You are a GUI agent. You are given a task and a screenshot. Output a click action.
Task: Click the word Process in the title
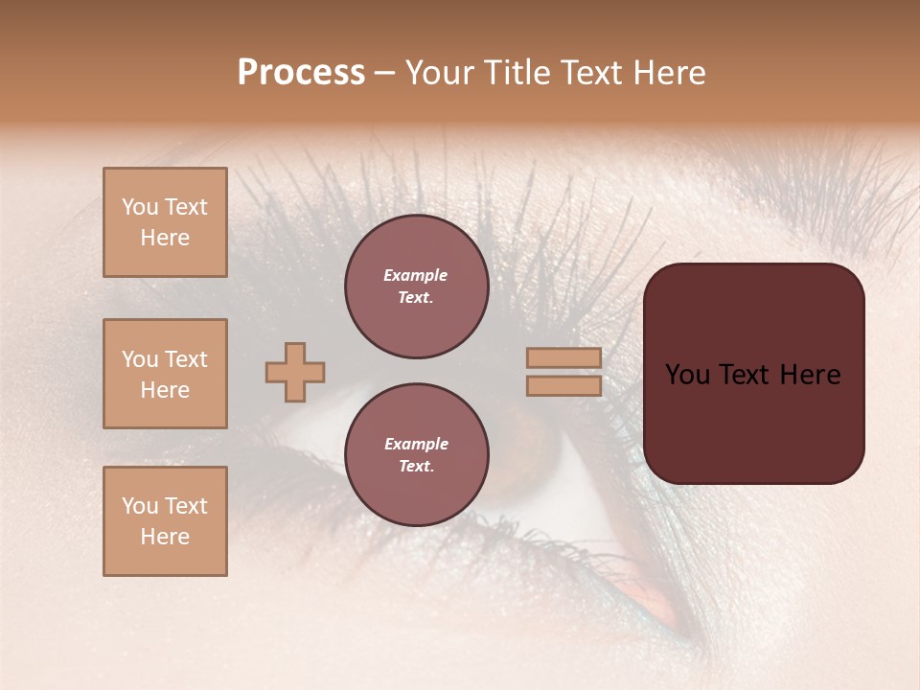301,72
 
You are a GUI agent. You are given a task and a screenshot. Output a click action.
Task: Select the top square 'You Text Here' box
165,222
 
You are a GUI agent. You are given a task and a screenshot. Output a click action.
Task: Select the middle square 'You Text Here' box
165,374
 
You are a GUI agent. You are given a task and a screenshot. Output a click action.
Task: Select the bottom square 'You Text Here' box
165,521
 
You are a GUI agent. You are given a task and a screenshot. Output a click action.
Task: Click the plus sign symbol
295,372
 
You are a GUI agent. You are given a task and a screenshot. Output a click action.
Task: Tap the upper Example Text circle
417,287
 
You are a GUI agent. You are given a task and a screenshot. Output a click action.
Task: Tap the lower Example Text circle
417,455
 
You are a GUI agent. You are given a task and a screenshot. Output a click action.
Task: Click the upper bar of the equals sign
564,357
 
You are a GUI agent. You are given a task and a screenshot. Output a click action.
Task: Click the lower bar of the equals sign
564,385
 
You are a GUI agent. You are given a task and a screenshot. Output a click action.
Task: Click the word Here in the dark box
810,375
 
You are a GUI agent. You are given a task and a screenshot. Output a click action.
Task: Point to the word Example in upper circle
415,275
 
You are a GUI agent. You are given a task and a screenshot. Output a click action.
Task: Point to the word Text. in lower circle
416,467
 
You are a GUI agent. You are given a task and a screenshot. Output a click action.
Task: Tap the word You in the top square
140,207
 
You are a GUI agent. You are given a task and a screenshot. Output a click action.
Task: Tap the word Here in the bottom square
165,537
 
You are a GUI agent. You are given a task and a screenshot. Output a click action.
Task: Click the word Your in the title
440,72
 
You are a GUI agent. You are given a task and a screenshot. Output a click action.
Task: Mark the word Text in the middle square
186,359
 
